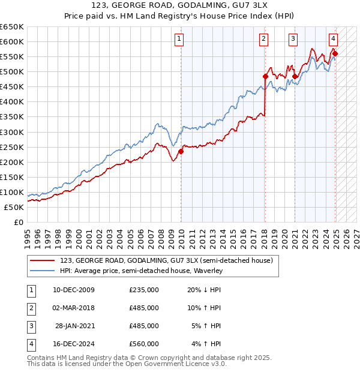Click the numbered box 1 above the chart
click(179, 40)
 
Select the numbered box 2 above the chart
click(264, 40)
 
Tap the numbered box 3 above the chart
click(293, 40)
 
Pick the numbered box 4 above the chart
click(333, 40)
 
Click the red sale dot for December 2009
click(181, 151)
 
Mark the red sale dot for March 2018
click(265, 76)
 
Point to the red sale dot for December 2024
click(335, 53)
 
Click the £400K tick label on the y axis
click(12, 101)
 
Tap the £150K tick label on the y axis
click(12, 177)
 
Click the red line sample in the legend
click(43, 260)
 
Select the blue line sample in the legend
click(43, 271)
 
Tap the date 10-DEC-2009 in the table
click(74, 290)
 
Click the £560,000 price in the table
click(144, 344)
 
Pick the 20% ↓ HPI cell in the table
click(205, 290)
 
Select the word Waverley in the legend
click(208, 271)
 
